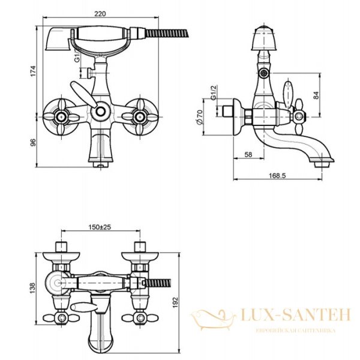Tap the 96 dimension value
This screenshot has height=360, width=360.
coord(33,142)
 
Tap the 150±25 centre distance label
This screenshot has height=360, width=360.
coord(100,227)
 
